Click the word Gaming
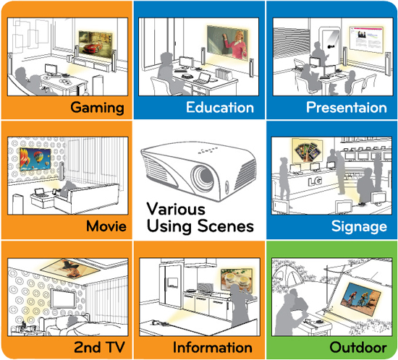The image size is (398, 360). (97, 108)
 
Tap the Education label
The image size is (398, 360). (220, 107)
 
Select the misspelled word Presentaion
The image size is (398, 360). (347, 107)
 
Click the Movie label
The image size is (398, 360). (106, 226)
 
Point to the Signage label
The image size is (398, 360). (359, 226)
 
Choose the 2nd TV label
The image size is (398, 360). (99, 347)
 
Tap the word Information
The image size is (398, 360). (213, 347)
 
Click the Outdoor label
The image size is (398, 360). (358, 347)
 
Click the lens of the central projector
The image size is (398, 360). (203, 177)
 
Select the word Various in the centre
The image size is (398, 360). (176, 210)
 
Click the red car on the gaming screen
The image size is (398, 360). (91, 48)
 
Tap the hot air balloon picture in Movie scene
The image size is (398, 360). (35, 159)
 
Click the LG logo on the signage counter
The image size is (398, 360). (315, 181)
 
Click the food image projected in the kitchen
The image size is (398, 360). (237, 280)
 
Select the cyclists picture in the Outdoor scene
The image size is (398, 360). (360, 299)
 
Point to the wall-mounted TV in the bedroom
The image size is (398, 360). (63, 299)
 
